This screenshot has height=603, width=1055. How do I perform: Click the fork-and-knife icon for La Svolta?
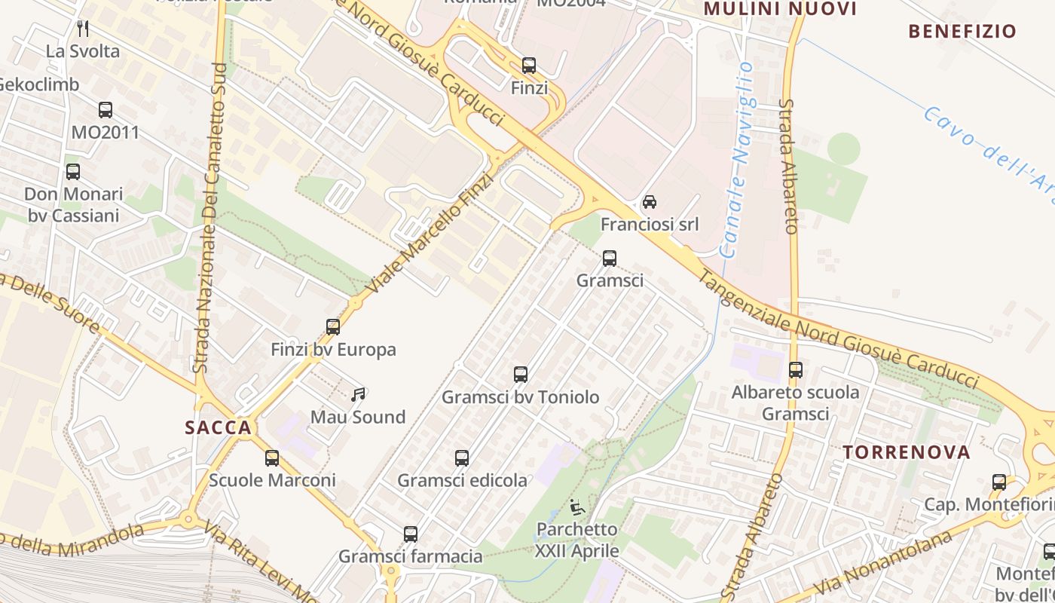pos(83,29)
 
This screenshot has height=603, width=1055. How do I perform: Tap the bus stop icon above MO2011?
pos(105,110)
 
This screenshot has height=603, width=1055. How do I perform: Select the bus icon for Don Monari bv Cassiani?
pos(73,172)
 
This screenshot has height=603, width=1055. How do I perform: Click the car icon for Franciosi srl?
pos(649,202)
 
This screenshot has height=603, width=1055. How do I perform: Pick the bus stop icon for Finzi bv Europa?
pos(333,327)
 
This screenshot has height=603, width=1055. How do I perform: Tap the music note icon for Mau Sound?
pos(358,394)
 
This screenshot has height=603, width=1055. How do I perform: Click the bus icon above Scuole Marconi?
pos(272,458)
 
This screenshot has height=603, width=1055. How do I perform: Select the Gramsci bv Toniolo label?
pos(520,397)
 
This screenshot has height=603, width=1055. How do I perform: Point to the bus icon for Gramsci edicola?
pos(462,458)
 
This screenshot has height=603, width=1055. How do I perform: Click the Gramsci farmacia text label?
pos(410,557)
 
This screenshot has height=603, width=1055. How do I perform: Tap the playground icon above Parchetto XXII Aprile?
pos(577,507)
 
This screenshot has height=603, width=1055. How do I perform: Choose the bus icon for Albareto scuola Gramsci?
pos(796,370)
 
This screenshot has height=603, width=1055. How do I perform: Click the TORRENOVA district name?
pos(906,453)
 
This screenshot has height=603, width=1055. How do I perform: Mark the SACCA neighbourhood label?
pos(218,428)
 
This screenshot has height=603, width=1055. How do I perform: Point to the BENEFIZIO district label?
pos(962,32)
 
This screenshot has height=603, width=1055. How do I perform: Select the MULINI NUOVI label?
pos(779,9)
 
